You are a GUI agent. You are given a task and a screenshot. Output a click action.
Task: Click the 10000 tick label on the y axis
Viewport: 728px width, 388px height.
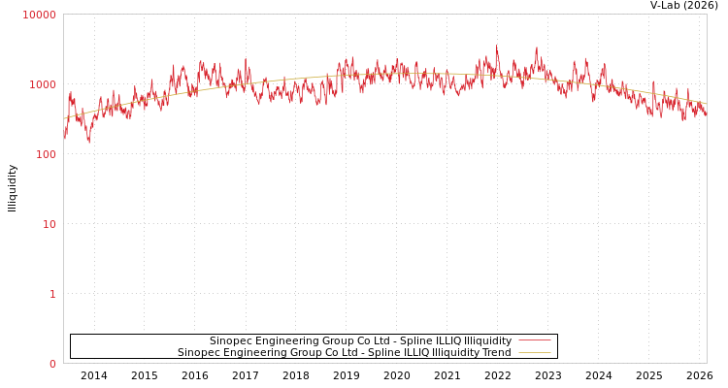pos(39,15)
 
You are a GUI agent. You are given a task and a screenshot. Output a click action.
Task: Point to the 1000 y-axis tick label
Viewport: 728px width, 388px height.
pos(42,84)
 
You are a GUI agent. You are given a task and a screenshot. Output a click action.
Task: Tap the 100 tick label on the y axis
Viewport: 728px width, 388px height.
pos(45,154)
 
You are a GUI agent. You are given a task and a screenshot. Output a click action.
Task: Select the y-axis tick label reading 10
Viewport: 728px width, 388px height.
pos(48,224)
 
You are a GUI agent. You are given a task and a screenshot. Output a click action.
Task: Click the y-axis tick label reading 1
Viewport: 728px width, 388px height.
pos(52,294)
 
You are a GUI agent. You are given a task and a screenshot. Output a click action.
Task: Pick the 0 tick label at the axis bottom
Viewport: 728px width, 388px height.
pos(52,364)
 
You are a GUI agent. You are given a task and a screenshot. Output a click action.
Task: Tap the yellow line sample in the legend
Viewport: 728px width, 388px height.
pos(534,353)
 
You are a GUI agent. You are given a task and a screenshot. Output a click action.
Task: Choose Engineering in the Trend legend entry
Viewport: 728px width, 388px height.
pos(253,353)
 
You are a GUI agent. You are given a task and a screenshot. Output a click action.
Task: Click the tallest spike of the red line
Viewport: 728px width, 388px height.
pos(497,47)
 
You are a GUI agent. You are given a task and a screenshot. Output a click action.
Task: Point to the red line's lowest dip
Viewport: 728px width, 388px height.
pos(89,142)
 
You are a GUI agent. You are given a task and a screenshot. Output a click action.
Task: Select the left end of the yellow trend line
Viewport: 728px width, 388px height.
pos(64,119)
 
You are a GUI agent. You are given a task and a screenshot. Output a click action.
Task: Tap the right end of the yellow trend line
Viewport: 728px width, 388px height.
pos(706,104)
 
